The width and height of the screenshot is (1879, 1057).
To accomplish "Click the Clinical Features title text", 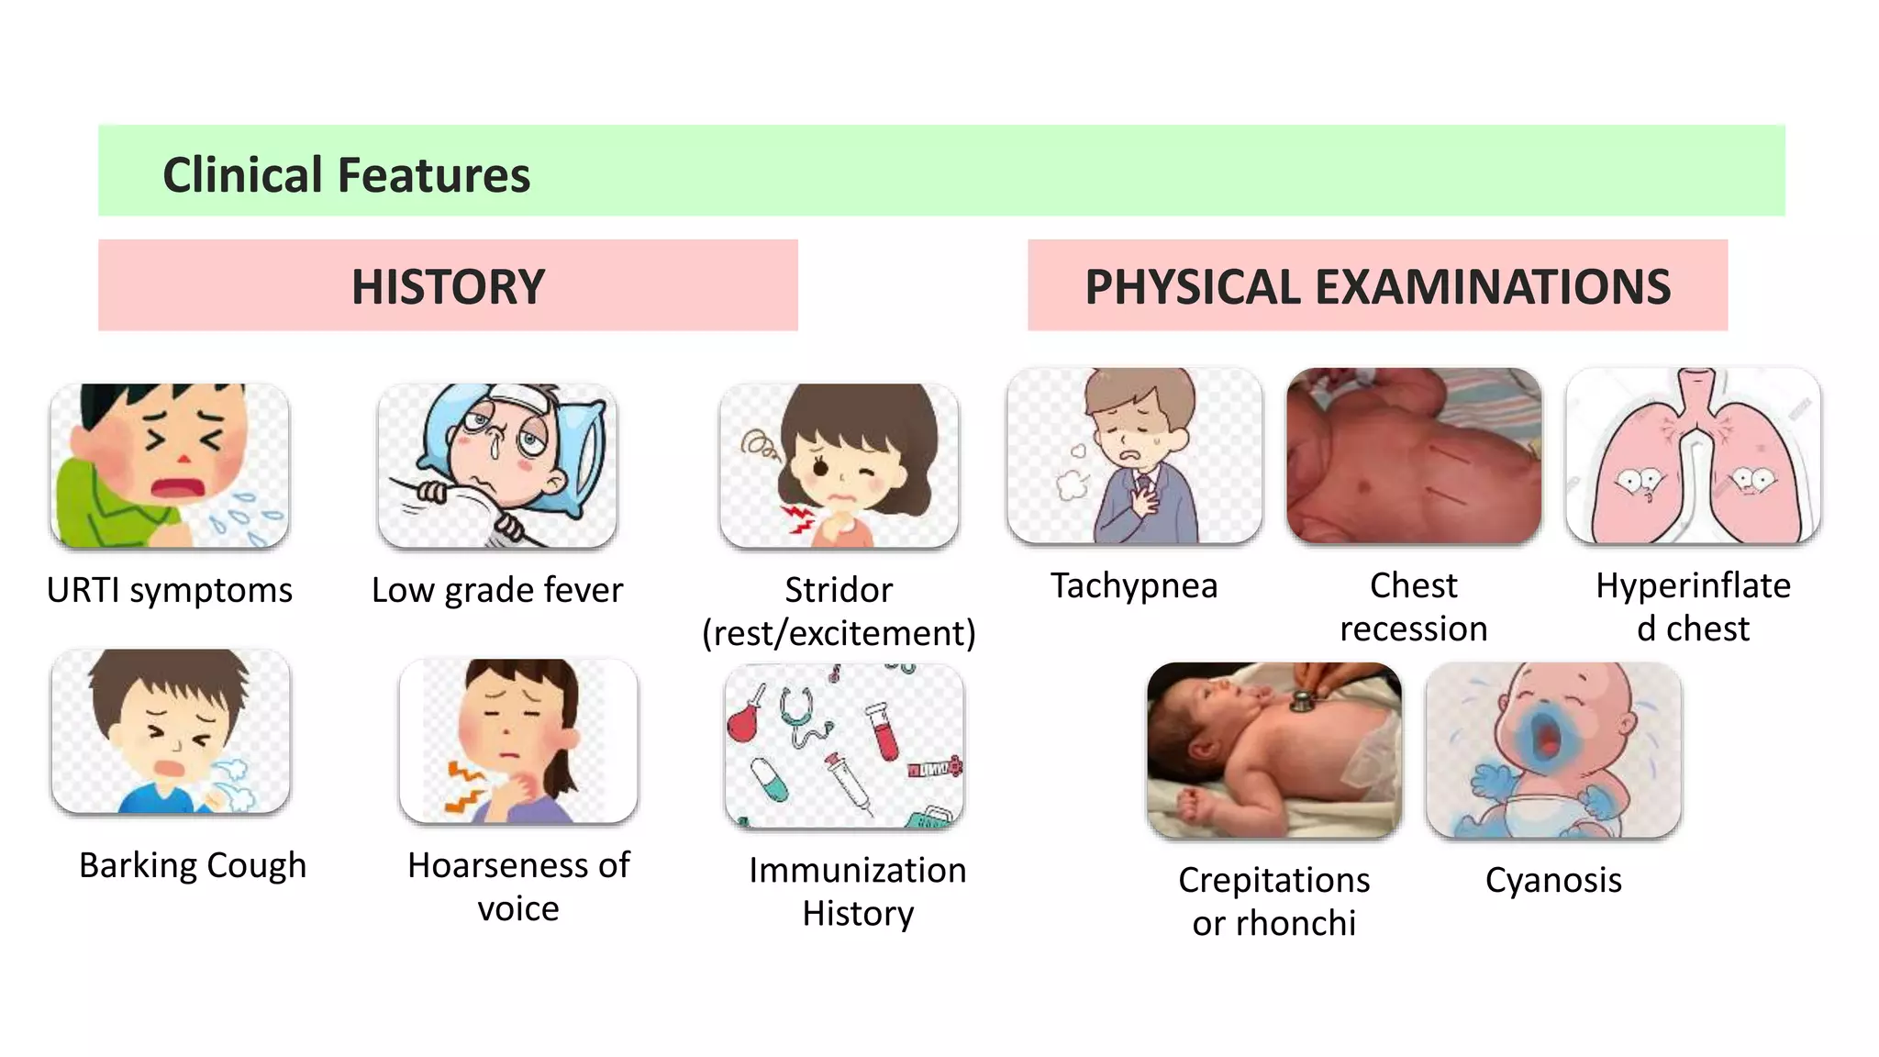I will pyautogui.click(x=346, y=174).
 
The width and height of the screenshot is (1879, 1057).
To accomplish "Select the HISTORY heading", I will pyautogui.click(x=448, y=286).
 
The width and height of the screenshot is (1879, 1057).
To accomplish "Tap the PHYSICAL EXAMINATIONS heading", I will pyautogui.click(x=1377, y=286).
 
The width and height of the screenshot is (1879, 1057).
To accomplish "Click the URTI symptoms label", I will pyautogui.click(x=170, y=590).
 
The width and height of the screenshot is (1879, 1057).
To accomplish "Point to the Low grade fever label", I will pyautogui.click(x=497, y=590).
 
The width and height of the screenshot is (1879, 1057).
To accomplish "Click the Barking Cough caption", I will pyautogui.click(x=193, y=865).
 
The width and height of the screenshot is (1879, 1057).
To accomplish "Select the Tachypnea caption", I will pyautogui.click(x=1134, y=585).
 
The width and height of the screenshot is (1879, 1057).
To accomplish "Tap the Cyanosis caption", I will pyautogui.click(x=1553, y=880).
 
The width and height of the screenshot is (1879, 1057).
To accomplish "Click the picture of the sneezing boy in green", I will pyautogui.click(x=170, y=465).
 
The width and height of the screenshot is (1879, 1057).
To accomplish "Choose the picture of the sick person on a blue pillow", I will pyautogui.click(x=497, y=465).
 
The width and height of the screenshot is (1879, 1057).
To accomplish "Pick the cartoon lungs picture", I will pyautogui.click(x=1693, y=456).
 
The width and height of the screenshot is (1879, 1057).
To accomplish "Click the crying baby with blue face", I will pyautogui.click(x=1553, y=750).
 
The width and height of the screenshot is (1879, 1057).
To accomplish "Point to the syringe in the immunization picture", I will pyautogui.click(x=848, y=781).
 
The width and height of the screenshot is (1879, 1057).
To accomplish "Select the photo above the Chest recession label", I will pyautogui.click(x=1414, y=456).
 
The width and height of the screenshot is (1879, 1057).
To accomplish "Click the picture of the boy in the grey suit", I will pyautogui.click(x=1134, y=456).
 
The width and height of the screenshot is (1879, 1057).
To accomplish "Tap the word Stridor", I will pyautogui.click(x=839, y=590).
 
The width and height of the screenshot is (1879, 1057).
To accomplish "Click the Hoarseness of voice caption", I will pyautogui.click(x=518, y=886).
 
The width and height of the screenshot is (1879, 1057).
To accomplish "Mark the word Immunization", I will pyautogui.click(x=857, y=870).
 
